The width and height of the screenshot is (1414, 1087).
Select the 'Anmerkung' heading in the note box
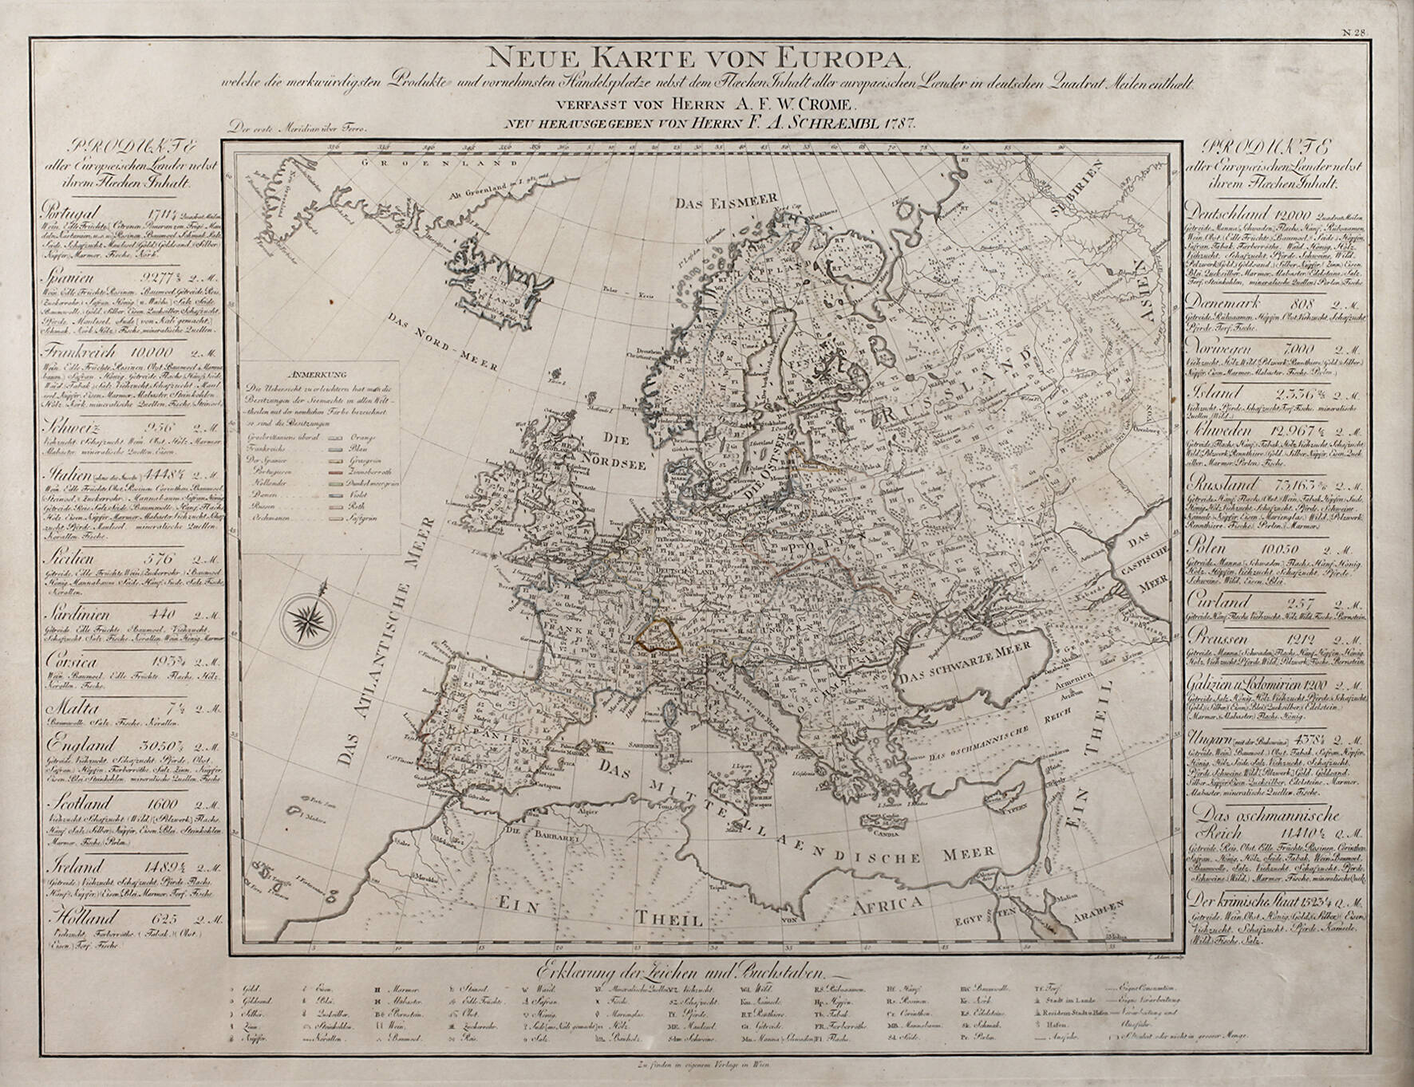tap(318, 373)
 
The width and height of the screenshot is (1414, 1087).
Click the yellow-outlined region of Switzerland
tap(658, 635)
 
